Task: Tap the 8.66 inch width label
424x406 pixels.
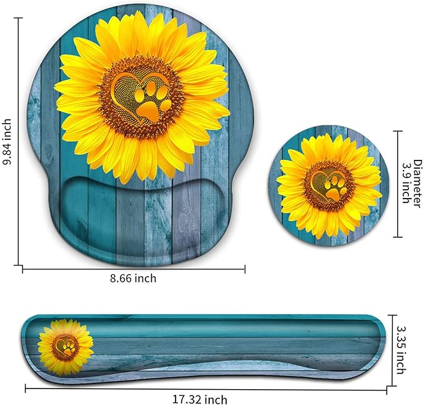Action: click(133, 278)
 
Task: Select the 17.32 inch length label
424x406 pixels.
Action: click(200, 400)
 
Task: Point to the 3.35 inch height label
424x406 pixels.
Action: click(402, 349)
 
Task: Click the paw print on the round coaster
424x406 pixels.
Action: click(334, 189)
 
